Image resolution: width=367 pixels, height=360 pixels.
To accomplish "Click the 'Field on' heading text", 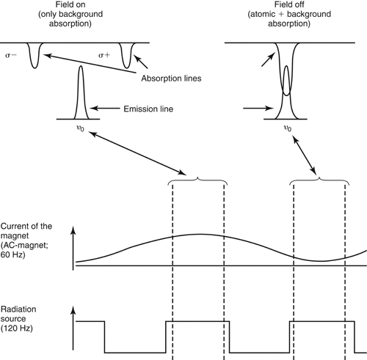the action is click(70, 4).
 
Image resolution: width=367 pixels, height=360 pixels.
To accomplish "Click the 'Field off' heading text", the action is click(289, 4).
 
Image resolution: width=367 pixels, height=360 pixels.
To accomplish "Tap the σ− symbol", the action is click(11, 55).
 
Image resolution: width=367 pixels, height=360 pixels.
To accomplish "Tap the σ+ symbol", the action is click(104, 55).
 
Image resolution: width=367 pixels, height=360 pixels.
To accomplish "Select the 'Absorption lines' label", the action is click(171, 78).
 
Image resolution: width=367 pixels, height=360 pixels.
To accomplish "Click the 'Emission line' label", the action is click(148, 109).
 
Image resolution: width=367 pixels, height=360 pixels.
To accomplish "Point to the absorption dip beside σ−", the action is click(34, 56).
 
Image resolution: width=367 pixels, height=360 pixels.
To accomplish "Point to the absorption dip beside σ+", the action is click(126, 56).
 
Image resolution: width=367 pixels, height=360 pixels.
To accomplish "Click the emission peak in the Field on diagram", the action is click(81, 93).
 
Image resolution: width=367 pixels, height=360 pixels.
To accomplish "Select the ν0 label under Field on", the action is click(81, 128).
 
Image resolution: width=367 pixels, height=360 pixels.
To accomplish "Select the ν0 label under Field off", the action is click(288, 128).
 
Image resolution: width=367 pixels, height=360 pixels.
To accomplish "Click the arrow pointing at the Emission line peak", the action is click(105, 108).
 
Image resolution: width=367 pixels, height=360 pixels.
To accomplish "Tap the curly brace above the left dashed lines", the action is click(197, 181).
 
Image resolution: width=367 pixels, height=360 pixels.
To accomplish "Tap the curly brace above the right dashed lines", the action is click(319, 181).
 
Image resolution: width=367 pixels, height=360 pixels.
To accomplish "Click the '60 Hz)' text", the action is click(12, 255).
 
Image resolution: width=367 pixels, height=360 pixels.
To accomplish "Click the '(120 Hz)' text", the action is click(17, 328).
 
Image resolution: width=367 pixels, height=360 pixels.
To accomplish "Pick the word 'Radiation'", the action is click(18, 309).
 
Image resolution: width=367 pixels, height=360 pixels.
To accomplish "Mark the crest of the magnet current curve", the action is click(199, 235).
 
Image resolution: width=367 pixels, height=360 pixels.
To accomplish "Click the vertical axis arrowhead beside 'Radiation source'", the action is click(73, 309).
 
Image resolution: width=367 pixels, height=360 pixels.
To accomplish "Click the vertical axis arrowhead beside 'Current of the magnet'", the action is click(73, 230).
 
